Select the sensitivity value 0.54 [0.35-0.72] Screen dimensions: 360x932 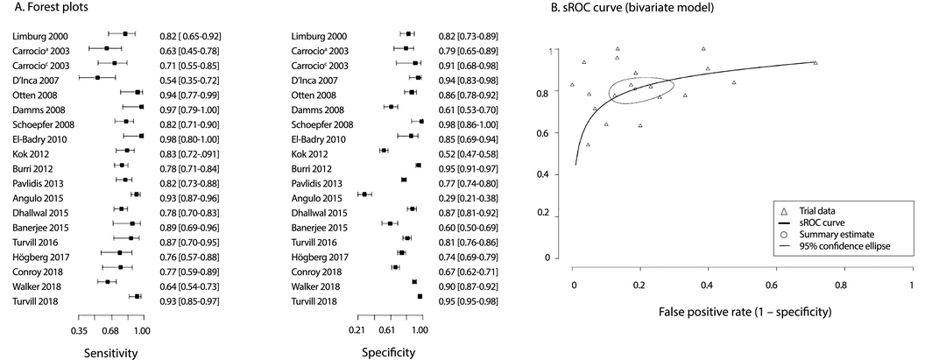pyautogui.click(x=189, y=78)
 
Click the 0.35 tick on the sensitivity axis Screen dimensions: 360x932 pyautogui.click(x=78, y=330)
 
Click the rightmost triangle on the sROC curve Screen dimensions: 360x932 pyautogui.click(x=815, y=63)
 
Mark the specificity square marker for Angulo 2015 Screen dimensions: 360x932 pyautogui.click(x=364, y=194)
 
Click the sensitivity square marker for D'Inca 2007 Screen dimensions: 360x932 pyautogui.click(x=97, y=78)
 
